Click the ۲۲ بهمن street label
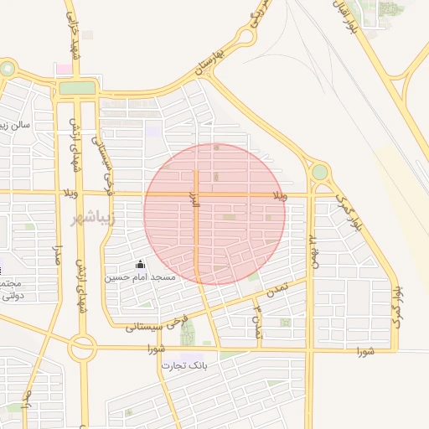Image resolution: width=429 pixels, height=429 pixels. click(x=313, y=248)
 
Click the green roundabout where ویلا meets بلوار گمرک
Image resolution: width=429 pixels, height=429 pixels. click(x=319, y=173)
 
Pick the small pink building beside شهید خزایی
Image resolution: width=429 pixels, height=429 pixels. click(x=62, y=68)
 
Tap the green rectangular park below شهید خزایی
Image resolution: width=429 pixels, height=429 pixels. click(x=77, y=87)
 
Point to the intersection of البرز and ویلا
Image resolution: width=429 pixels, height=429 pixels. click(x=196, y=194)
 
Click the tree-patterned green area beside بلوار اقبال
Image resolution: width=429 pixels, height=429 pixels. click(x=390, y=9)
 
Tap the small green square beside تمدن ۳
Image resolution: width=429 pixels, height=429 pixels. click(x=286, y=322)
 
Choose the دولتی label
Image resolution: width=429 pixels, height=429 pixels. click(x=12, y=296)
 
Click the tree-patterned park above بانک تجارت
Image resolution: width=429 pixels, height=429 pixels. click(x=187, y=333)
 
